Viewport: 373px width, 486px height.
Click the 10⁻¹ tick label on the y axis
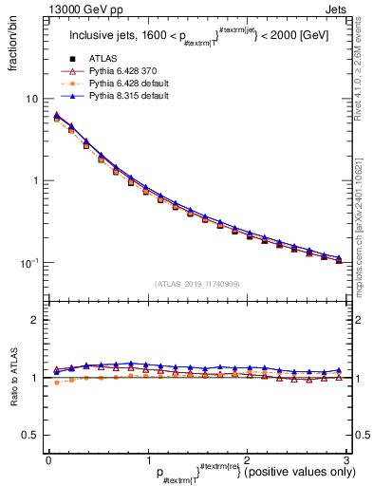[x=30, y=263]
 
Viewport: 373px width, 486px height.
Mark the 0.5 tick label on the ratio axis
[x=30, y=435]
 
